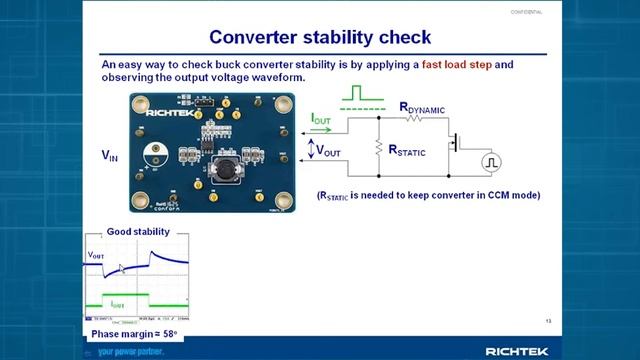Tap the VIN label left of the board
[x=110, y=156]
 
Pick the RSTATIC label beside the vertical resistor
[x=409, y=149]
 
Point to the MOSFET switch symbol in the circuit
[x=455, y=142]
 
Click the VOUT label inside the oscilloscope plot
[x=96, y=255]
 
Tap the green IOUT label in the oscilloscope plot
[x=118, y=302]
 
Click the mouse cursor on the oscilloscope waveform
[x=122, y=270]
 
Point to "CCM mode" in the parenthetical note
[x=506, y=195]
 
